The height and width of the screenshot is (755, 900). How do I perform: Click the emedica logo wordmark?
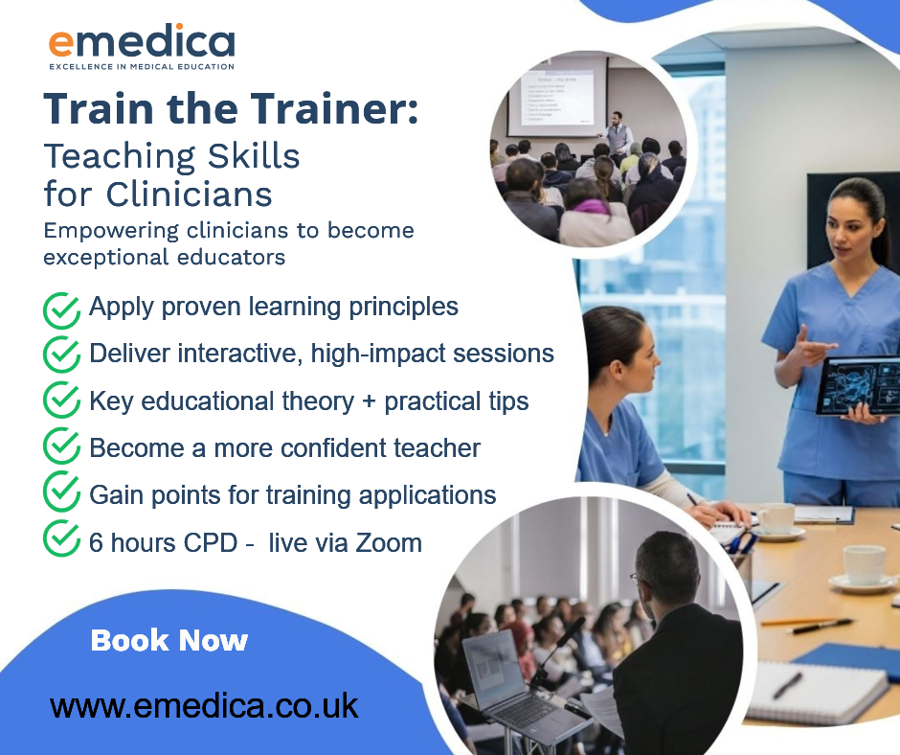[x=142, y=41]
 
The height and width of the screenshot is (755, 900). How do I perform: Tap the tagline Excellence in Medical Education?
[x=142, y=67]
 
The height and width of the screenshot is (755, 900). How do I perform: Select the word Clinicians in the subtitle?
[x=189, y=194]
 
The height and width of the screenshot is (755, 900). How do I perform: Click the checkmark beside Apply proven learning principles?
[x=61, y=310]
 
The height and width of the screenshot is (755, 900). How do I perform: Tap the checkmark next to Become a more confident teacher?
[x=61, y=446]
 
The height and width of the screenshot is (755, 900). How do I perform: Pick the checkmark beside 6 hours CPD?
[x=61, y=538]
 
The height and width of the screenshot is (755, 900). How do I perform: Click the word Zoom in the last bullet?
[x=389, y=543]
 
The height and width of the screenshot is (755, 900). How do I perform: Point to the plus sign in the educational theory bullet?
[x=369, y=402]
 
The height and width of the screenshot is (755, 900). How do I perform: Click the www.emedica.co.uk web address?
[x=204, y=706]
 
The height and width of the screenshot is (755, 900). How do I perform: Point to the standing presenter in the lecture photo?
[x=617, y=133]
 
